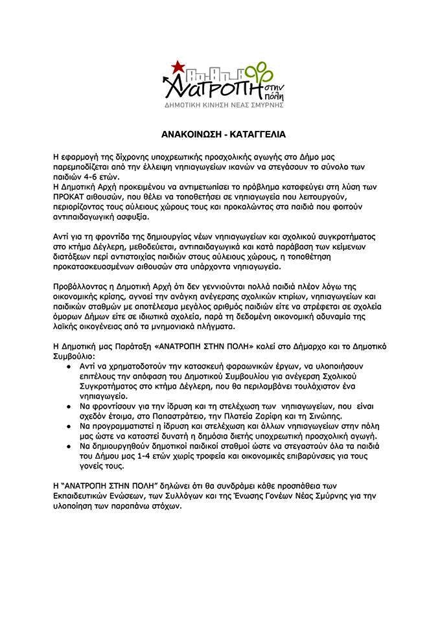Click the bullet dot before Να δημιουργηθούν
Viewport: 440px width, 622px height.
(x=69, y=446)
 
